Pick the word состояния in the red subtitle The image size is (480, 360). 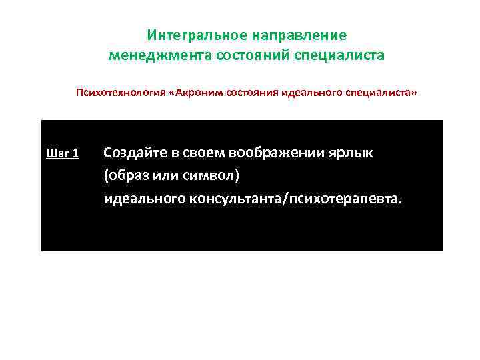click(251, 95)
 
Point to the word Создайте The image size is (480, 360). click(133, 153)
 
